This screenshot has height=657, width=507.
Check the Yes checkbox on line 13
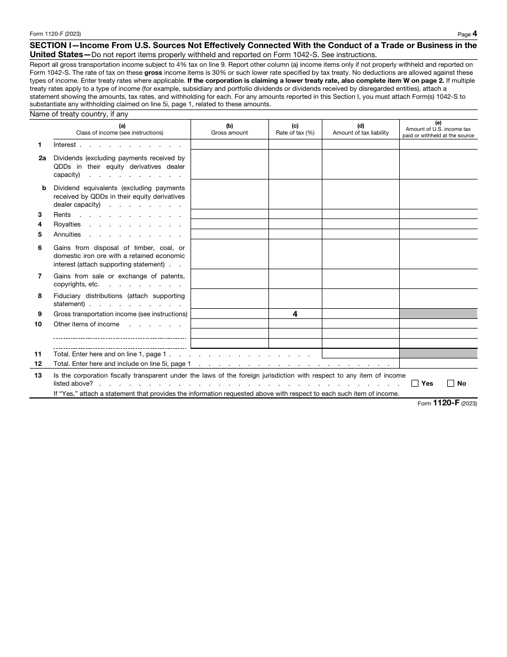click(x=415, y=383)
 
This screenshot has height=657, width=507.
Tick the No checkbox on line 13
click(x=450, y=383)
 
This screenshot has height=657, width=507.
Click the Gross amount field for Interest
click(x=229, y=144)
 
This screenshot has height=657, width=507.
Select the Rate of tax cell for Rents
click(x=295, y=214)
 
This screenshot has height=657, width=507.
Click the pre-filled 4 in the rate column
click(x=295, y=314)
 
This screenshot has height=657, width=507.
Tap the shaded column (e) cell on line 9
click(x=438, y=314)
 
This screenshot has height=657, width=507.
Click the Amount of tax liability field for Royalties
click(x=360, y=224)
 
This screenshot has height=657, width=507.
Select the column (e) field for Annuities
click(x=438, y=234)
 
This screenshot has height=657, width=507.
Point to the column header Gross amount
click(x=229, y=132)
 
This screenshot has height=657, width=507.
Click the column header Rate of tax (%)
click(x=295, y=132)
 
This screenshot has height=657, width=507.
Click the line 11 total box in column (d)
click(x=360, y=354)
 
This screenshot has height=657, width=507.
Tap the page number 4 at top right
click(x=474, y=34)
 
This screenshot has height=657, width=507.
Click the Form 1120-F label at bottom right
click(x=447, y=403)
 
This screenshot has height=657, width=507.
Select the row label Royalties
click(x=67, y=224)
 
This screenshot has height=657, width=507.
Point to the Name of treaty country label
click(x=79, y=114)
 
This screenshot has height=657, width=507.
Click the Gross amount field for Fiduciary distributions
click(x=229, y=299)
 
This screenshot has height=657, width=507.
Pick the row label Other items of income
click(x=86, y=324)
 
